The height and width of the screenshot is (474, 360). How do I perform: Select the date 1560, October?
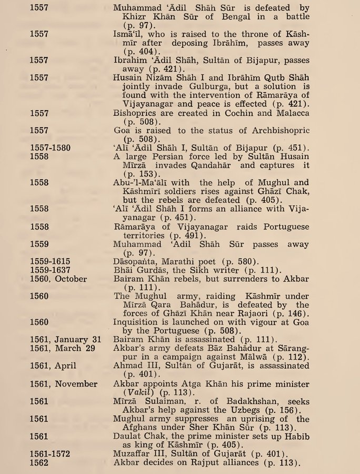(58, 279)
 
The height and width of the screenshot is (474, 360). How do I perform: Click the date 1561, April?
(53, 366)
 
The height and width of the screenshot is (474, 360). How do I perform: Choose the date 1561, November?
(63, 384)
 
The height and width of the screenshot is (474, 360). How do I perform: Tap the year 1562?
(39, 463)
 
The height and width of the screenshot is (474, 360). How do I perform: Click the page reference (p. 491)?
(190, 236)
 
